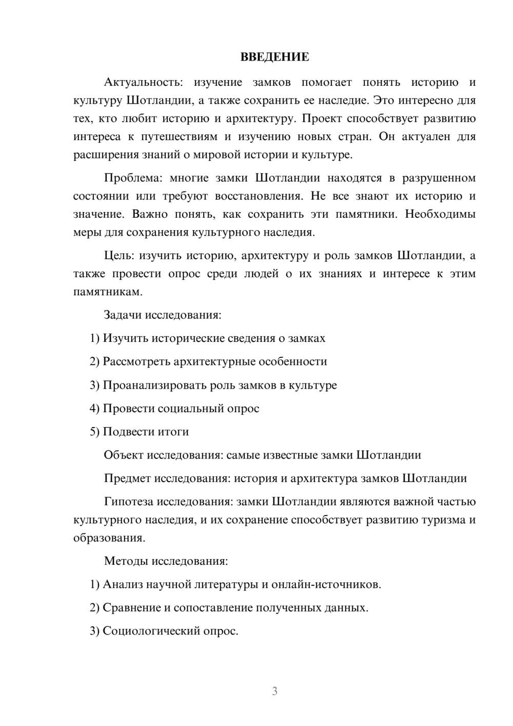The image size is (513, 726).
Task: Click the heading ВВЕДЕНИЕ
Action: coord(274,57)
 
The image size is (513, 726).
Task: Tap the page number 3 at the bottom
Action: coord(274,691)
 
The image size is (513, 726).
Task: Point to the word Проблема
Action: coord(133,178)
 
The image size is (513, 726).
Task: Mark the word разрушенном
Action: coord(439,178)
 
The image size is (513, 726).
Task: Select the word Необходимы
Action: coord(440,214)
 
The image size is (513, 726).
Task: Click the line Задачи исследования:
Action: coord(163,315)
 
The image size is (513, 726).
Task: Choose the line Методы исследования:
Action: coord(166,561)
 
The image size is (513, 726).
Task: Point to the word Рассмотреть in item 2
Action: coord(136,361)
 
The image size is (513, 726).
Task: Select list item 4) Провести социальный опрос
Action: coord(174,409)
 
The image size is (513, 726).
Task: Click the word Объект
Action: coord(124,455)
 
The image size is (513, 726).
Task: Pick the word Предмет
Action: coord(127,479)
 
